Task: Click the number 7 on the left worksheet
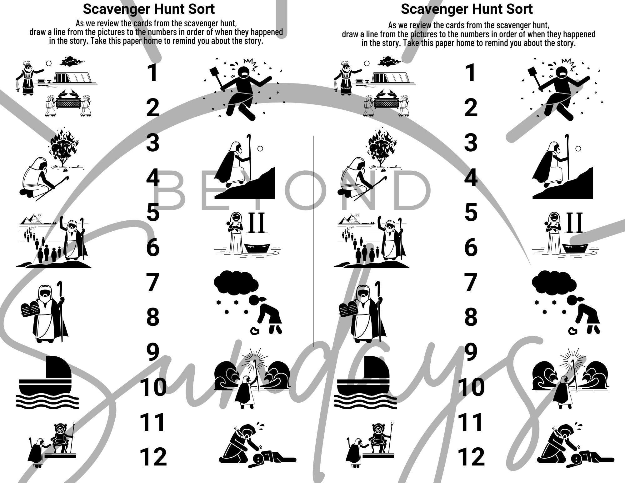click(x=152, y=283)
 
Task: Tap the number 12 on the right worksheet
click(x=471, y=457)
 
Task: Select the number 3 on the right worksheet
click(x=471, y=143)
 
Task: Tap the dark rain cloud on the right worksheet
click(x=554, y=283)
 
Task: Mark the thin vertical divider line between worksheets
click(x=313, y=241)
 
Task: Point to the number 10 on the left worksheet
click(x=153, y=387)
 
